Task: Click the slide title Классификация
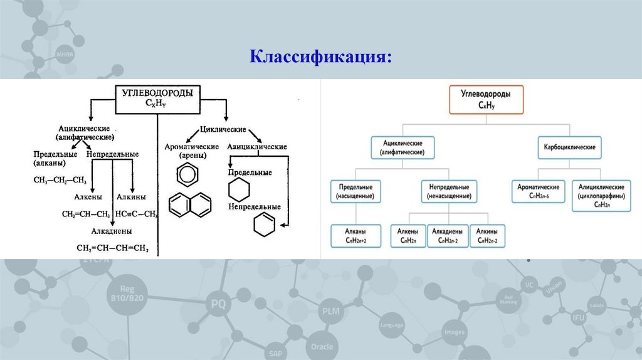coord(322,57)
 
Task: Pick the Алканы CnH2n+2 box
coord(355,236)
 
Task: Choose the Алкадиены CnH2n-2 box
coord(448,236)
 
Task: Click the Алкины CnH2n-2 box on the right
coord(487,236)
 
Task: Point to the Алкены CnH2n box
coord(408,236)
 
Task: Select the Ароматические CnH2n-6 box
coord(538,192)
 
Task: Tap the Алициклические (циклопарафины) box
coord(601,195)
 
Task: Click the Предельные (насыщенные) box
coord(355,192)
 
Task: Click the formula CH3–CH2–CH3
coord(60,180)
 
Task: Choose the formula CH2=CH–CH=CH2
coord(112,248)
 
